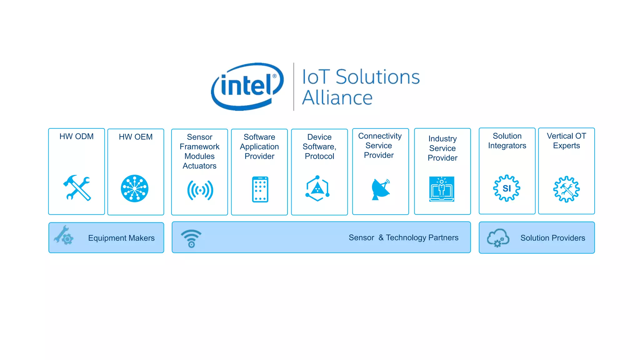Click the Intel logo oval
coord(247,86)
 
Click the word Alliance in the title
coord(337,98)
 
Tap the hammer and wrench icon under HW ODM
coord(77,187)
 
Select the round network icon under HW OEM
coord(135,188)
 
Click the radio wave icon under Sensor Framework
coord(200,190)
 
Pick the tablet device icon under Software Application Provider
coord(260,189)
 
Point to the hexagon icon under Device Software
coord(317,188)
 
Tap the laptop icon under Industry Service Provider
coord(442,189)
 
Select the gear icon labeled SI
coord(507,188)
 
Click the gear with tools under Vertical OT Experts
coord(566,189)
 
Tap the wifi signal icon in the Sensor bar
coord(191,238)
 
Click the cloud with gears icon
coord(498,238)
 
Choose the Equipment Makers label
coord(121,238)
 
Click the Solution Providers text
coord(552,238)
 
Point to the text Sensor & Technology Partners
coord(403,238)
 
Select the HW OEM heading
coord(136,137)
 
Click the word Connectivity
coord(380,136)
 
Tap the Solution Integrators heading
coord(507,141)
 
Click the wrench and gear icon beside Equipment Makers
coord(64,235)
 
